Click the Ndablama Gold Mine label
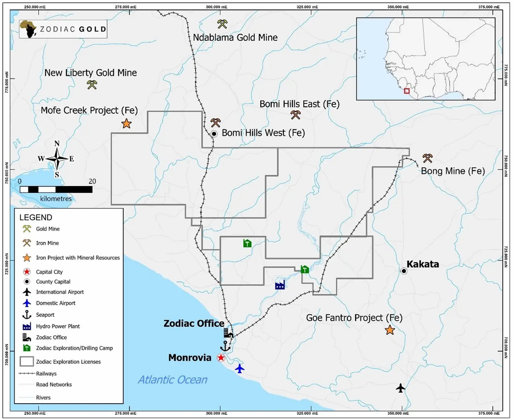(235, 37)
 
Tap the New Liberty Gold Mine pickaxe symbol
(92, 84)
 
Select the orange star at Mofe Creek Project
(126, 124)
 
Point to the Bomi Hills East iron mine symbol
(295, 115)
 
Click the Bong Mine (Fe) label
(453, 171)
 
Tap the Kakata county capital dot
(403, 271)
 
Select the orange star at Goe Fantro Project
(389, 330)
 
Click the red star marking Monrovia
(221, 358)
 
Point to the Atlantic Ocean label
(173, 380)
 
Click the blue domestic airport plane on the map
(240, 368)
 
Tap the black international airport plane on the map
(401, 388)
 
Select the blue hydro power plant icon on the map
(280, 285)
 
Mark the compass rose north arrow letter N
(57, 144)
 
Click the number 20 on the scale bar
(93, 181)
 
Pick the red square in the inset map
(407, 91)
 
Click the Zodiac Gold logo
(63, 29)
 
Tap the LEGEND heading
(36, 217)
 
